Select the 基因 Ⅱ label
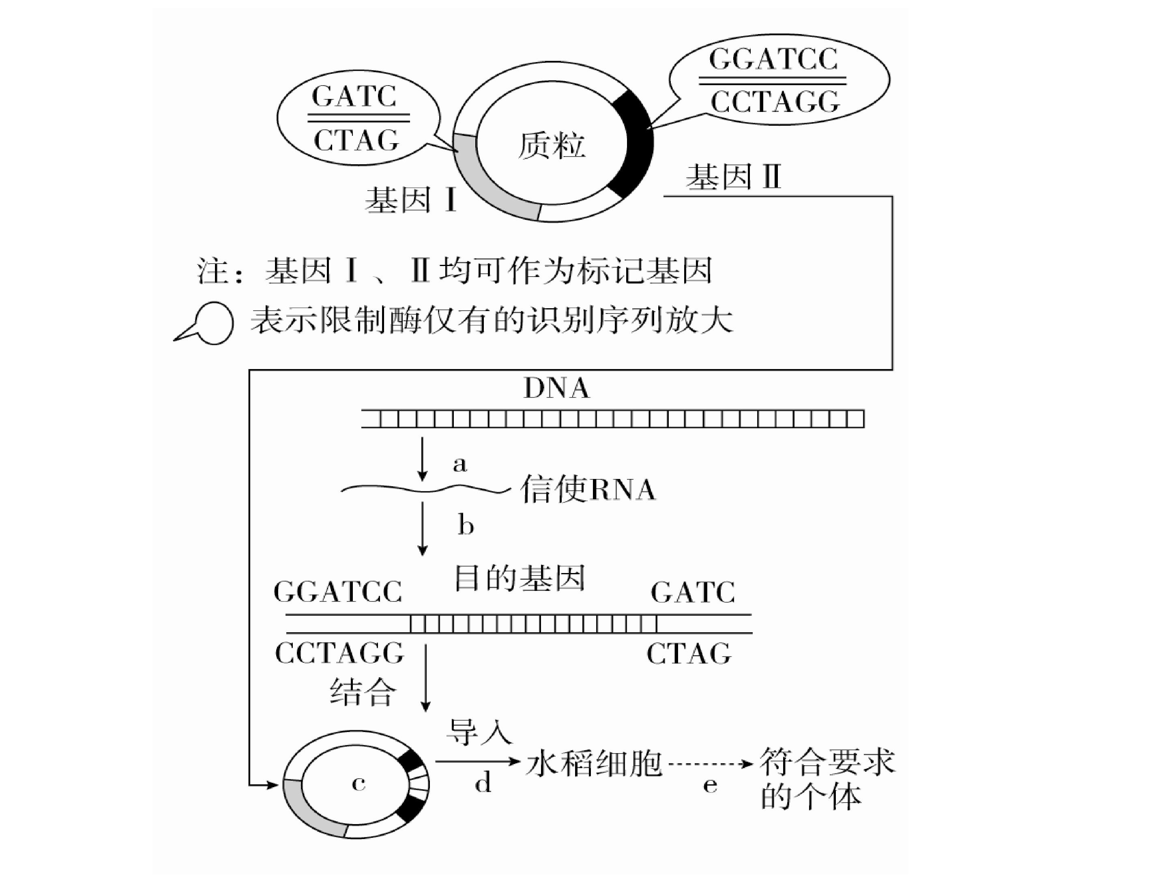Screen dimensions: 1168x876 [x=733, y=176]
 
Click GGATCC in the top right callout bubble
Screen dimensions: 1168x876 [x=773, y=59]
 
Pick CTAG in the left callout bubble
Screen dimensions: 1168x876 [x=356, y=140]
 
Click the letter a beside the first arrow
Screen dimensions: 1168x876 [x=460, y=464]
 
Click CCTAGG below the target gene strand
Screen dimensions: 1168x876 [x=339, y=654]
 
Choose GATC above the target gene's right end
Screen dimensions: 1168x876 [x=693, y=592]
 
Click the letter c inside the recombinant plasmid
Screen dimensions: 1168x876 [x=359, y=784]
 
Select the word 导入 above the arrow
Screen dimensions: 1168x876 [x=479, y=731]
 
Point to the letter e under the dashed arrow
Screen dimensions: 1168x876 [x=710, y=785]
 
